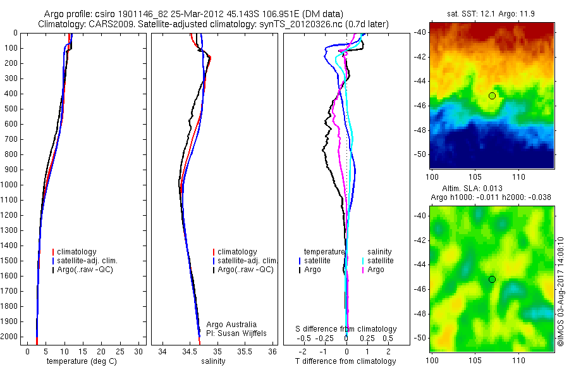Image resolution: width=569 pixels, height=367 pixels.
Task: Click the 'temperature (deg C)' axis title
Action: click(x=79, y=361)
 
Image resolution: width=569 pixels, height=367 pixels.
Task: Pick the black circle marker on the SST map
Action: click(x=492, y=96)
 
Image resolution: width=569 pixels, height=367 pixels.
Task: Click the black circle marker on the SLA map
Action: click(x=492, y=279)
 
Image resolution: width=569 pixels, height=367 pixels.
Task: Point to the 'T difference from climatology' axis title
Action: click(x=345, y=361)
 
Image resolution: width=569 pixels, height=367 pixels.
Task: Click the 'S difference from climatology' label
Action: click(x=346, y=329)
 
